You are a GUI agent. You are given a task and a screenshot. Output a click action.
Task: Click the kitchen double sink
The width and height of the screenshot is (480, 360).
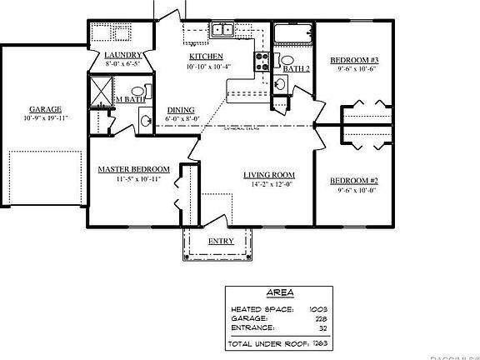pos(222,30)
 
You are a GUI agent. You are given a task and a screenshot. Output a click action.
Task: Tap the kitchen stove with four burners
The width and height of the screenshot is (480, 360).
pos(261,61)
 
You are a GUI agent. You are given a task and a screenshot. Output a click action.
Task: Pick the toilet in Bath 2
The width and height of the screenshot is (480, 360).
pos(287,61)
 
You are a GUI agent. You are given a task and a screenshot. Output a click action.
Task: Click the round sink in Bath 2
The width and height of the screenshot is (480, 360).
pos(281,83)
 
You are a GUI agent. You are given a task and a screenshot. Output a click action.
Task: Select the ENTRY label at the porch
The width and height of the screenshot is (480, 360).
pos(220,241)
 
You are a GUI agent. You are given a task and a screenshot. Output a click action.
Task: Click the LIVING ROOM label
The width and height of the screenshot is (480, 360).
pos(265,174)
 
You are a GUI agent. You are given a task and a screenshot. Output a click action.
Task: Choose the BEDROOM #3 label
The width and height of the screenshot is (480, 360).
pos(354,61)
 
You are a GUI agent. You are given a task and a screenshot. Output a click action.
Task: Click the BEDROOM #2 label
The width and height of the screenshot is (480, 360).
pos(354,181)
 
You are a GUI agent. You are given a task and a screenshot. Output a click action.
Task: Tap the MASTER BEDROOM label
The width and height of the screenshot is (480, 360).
pos(134,169)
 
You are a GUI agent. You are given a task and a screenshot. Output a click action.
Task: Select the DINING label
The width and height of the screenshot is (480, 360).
pos(181,110)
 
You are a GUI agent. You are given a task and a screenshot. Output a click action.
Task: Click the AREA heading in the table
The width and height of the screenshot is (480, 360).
pos(277,293)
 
